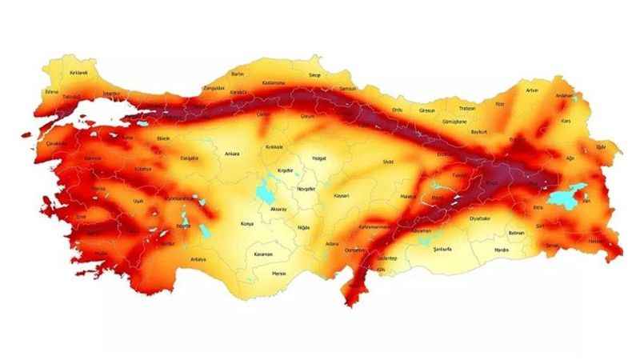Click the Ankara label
(233, 153)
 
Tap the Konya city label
(246, 224)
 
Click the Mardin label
(502, 250)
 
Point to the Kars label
(566, 122)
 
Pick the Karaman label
(264, 254)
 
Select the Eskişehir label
(189, 158)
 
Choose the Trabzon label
(467, 108)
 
